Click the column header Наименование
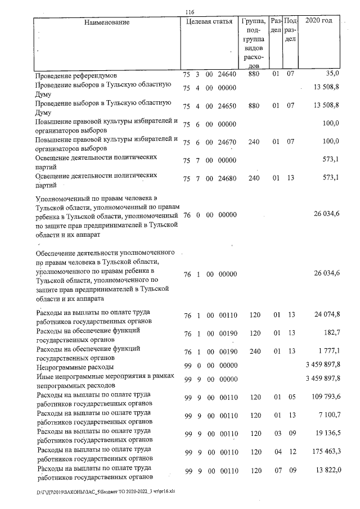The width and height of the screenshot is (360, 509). point(107,22)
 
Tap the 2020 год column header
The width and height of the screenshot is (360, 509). point(318,21)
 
